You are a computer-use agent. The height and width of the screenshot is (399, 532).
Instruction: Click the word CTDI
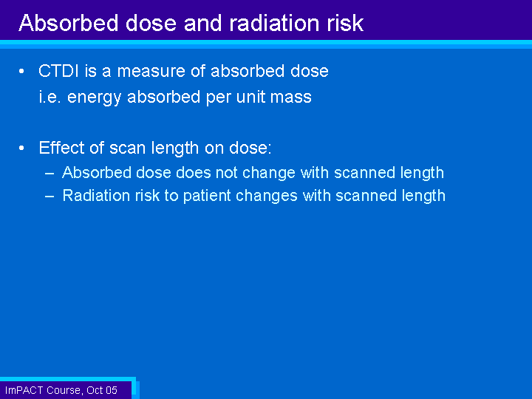58,71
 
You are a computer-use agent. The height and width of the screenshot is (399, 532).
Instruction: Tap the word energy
94,98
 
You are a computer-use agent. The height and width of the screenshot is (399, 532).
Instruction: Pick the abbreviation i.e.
50,97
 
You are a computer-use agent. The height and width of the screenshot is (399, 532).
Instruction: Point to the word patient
208,196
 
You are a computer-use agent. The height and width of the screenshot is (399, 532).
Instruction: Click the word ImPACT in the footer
24,390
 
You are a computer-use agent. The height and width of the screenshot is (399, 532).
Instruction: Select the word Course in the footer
64,391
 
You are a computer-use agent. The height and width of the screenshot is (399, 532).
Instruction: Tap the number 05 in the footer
111,390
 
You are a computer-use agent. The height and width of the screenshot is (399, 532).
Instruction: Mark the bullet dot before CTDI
21,71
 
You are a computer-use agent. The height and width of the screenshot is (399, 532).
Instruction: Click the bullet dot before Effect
21,148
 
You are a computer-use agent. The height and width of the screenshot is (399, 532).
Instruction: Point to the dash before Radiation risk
50,197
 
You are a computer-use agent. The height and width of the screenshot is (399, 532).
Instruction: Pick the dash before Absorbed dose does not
50,174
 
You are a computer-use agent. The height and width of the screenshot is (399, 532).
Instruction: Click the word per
217,98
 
